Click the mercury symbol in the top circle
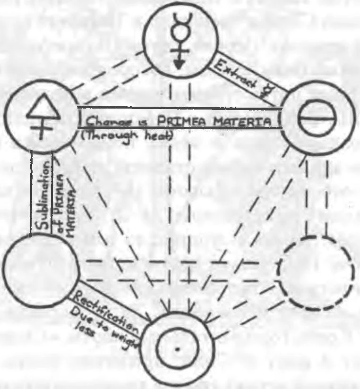point(181,40)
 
